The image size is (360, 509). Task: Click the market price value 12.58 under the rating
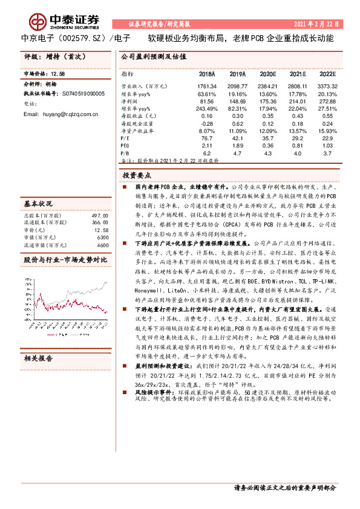tap(58, 74)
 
